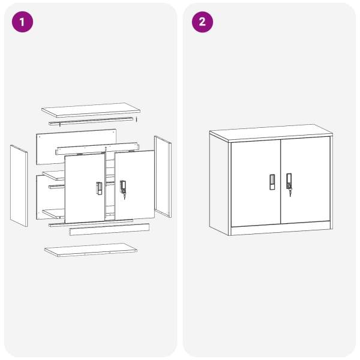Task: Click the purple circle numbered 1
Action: pos(22,22)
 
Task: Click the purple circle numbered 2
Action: pos(202,22)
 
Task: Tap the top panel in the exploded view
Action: pos(91,110)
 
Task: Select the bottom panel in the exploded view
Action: pos(91,250)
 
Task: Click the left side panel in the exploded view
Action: pos(19,185)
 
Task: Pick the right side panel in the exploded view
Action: pos(163,176)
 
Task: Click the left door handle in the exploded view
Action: pos(99,188)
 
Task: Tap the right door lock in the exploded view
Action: pos(123,187)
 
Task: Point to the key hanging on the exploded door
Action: pos(124,197)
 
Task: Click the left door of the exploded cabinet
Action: pos(85,188)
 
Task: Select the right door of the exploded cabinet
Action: pos(134,185)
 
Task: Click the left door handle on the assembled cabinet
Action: pos(272,182)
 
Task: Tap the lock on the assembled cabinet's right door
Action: pos(289,181)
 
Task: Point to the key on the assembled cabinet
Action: pos(290,193)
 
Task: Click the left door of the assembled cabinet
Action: pos(256,183)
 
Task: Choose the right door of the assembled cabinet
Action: pos(305,180)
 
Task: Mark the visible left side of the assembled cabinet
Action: pos(219,184)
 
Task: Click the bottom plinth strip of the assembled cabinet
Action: pos(281,228)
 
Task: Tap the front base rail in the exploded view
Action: pos(109,229)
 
